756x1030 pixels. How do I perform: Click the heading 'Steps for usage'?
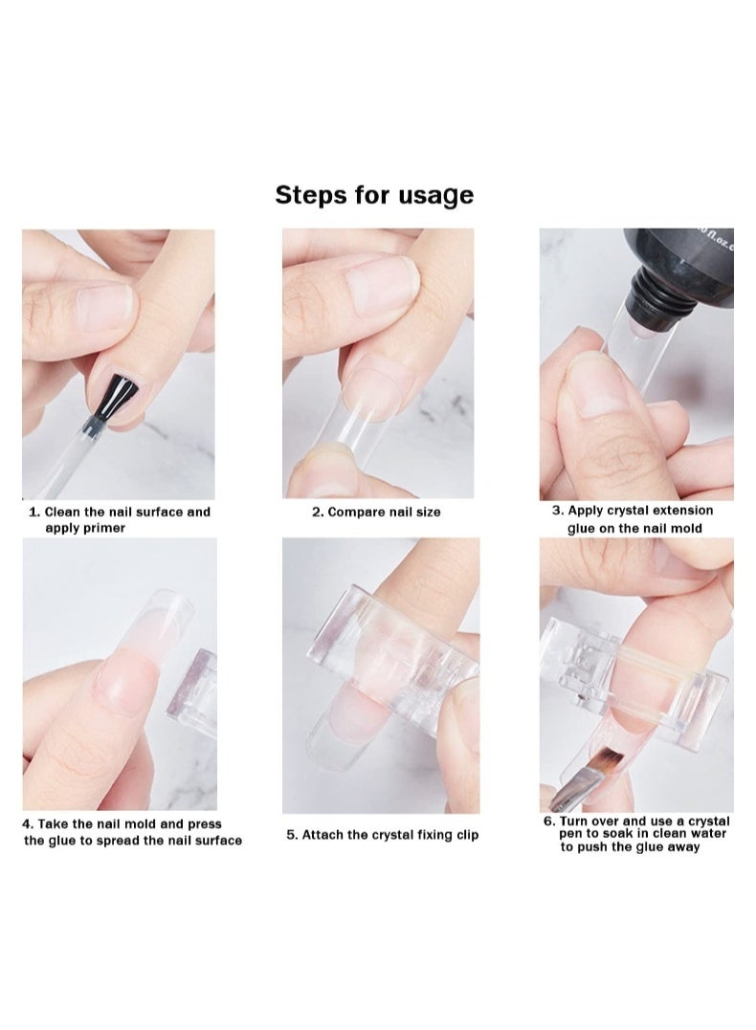pos(374,195)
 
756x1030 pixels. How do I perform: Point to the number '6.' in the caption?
pos(549,822)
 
